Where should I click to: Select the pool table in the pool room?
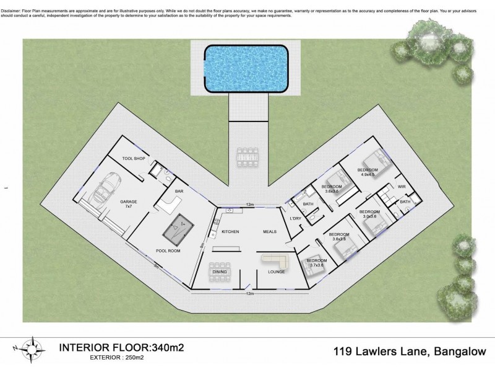[176, 226]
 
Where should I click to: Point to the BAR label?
[179, 192]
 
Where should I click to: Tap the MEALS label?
[270, 231]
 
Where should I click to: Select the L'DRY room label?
[295, 218]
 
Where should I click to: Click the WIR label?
[401, 186]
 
